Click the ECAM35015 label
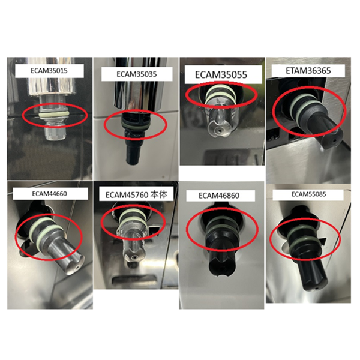[49, 70]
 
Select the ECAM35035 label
[137, 74]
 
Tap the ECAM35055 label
[221, 74]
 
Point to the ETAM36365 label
[308, 70]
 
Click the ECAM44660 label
[49, 194]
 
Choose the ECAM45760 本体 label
[136, 195]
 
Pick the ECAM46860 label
[219, 196]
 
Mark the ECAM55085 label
[308, 194]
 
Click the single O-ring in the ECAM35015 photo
[54, 115]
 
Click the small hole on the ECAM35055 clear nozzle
[220, 131]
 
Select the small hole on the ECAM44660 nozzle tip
[77, 268]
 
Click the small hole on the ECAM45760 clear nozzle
[134, 259]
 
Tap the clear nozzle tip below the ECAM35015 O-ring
[54, 132]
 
